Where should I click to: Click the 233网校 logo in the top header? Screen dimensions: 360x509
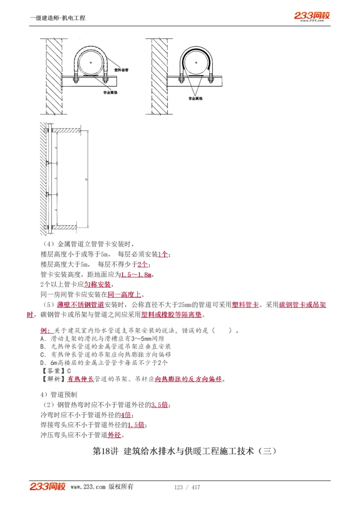(x=312, y=16)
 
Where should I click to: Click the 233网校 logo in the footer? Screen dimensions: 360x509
(x=48, y=487)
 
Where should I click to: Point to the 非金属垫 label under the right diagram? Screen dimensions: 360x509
(x=195, y=98)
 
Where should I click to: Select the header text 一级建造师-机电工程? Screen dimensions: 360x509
(x=57, y=18)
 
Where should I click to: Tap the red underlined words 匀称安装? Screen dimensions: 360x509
(x=97, y=285)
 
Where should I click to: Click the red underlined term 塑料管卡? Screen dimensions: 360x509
(x=245, y=305)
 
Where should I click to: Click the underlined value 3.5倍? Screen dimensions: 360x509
(x=160, y=405)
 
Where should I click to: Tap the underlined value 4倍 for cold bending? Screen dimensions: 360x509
(x=126, y=415)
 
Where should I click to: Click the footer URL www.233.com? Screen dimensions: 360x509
(x=88, y=487)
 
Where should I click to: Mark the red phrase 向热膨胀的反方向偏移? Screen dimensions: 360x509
(x=189, y=379)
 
